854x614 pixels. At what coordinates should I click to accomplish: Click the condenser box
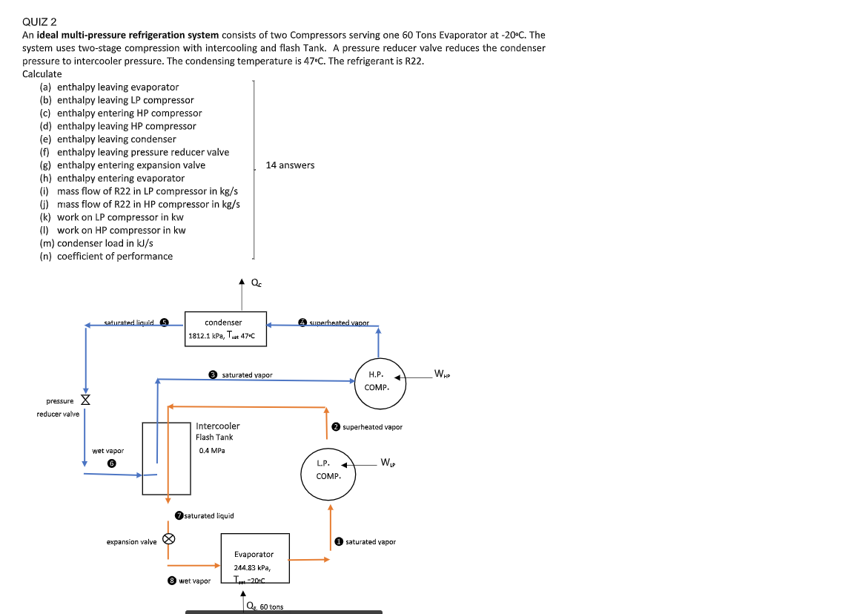(225, 329)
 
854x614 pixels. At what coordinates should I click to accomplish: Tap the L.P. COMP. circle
(328, 470)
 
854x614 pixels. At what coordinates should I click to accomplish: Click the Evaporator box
(255, 558)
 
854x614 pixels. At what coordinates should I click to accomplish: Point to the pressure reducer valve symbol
(85, 400)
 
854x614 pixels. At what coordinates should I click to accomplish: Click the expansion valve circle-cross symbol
(168, 539)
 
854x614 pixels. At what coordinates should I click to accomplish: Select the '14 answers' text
(290, 165)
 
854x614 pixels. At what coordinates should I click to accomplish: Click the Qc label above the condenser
(256, 283)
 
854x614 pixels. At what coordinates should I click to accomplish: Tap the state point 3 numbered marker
(213, 375)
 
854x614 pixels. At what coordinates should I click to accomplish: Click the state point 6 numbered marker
(112, 462)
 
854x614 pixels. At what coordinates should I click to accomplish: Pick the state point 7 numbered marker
(179, 515)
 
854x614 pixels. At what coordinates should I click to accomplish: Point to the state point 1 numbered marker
(339, 541)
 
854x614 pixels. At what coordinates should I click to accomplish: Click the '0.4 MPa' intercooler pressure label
(212, 450)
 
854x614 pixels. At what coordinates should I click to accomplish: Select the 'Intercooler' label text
(217, 426)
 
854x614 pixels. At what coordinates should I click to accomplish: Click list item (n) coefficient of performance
(106, 257)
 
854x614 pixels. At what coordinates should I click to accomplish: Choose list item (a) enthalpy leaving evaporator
(109, 88)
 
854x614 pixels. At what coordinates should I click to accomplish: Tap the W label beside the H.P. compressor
(442, 374)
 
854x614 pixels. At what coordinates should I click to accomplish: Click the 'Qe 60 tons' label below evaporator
(265, 607)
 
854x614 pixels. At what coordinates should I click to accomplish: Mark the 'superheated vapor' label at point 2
(372, 427)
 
